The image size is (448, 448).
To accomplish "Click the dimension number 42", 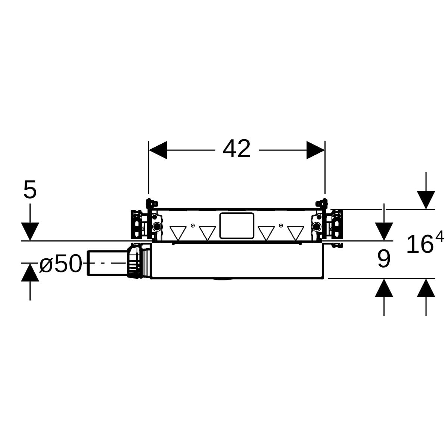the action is (236, 149).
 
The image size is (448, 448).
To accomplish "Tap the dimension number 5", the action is (30, 189).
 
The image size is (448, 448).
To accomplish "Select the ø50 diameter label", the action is (61, 264).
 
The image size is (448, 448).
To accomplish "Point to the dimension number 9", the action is (384, 259).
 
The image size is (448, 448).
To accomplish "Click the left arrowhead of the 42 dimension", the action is (158, 150).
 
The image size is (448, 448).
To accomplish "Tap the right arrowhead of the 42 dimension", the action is (315, 150).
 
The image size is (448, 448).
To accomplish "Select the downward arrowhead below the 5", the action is (30, 231).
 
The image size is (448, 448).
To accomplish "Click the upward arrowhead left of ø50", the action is (30, 272).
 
